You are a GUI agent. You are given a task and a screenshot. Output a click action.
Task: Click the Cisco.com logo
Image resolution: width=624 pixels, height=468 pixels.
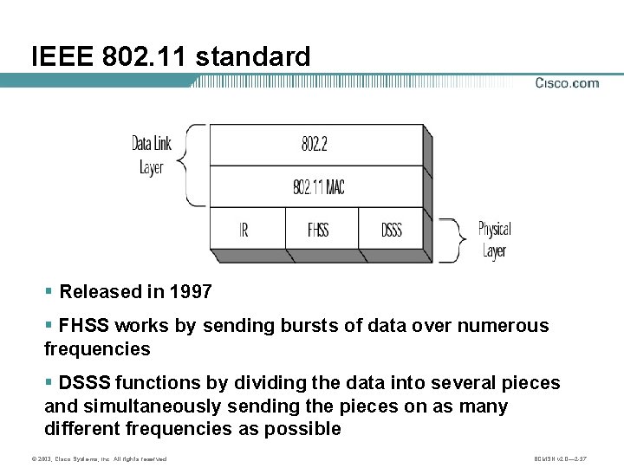pyautogui.click(x=567, y=83)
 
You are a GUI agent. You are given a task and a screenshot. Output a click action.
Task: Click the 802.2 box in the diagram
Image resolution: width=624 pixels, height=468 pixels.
pyautogui.click(x=315, y=144)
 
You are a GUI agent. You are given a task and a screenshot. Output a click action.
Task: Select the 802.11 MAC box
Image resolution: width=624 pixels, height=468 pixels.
pyautogui.click(x=318, y=186)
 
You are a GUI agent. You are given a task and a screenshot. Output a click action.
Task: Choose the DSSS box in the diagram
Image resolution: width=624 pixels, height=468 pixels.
pyautogui.click(x=392, y=231)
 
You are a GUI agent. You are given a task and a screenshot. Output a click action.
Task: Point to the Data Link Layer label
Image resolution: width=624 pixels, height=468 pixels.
pyautogui.click(x=151, y=154)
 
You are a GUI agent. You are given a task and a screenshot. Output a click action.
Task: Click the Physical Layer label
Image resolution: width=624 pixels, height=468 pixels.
pyautogui.click(x=494, y=240)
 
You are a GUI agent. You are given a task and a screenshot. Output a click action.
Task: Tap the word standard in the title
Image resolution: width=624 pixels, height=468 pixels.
pyautogui.click(x=253, y=57)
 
